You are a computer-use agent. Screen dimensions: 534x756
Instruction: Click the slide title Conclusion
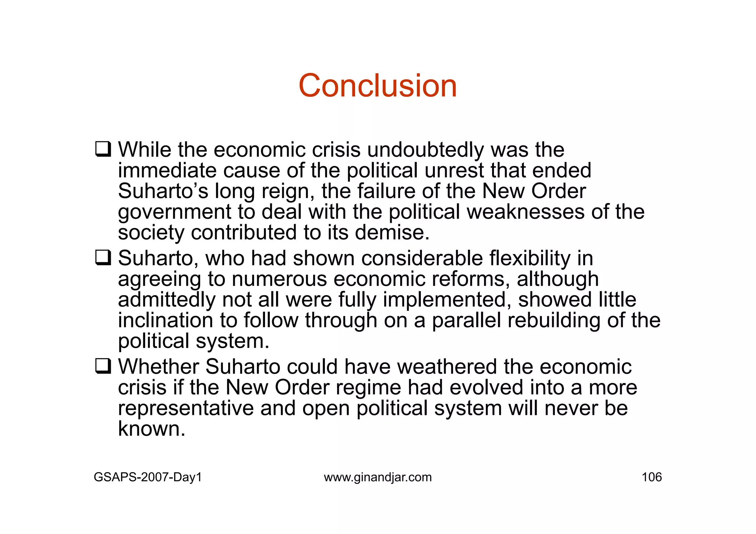pyautogui.click(x=378, y=86)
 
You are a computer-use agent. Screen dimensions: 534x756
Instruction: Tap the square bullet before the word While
pyautogui.click(x=103, y=149)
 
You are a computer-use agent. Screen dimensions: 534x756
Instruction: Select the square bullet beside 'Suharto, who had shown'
pyautogui.click(x=103, y=257)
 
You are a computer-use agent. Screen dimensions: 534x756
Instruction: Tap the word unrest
pyautogui.click(x=454, y=170)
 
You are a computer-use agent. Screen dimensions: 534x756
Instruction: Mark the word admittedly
pyautogui.click(x=166, y=299)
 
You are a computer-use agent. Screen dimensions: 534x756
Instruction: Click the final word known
pyautogui.click(x=151, y=429)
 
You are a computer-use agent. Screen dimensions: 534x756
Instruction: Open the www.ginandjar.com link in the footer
pyautogui.click(x=378, y=477)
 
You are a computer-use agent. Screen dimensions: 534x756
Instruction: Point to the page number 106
pyautogui.click(x=652, y=477)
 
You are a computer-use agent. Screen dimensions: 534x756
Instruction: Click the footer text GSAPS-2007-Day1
pyautogui.click(x=148, y=477)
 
